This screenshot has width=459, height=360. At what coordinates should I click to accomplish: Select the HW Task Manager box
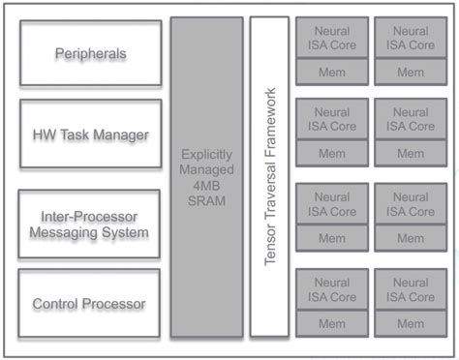[x=89, y=135]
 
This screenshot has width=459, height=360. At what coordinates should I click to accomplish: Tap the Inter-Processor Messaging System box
[x=89, y=223]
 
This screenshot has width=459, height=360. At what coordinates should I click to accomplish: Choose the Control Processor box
[x=89, y=304]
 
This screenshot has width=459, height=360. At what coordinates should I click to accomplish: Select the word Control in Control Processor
[x=56, y=304]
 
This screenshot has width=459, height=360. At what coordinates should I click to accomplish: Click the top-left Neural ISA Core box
[x=331, y=38]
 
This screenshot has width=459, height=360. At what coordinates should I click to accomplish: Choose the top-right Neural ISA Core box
[x=411, y=38]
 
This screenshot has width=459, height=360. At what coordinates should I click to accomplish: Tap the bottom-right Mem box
[x=411, y=323]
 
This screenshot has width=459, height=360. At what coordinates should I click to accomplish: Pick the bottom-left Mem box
[x=331, y=323]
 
